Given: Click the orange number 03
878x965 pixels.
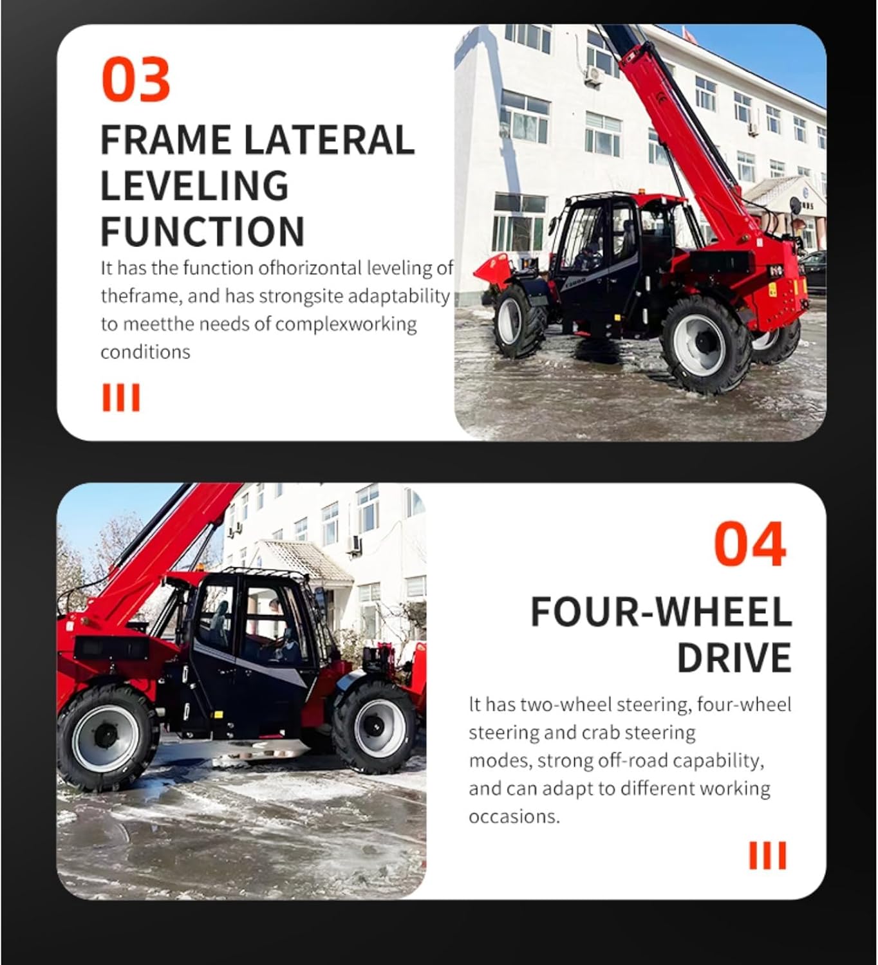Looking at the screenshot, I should (136, 79).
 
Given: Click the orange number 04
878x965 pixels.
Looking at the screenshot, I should (750, 544).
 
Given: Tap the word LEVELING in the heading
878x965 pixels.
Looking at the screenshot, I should (194, 185).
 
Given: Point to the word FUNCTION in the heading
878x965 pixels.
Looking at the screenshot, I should (202, 232).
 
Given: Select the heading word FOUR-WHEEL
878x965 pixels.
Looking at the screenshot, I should (660, 612).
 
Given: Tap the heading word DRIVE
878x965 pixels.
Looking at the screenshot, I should (734, 657).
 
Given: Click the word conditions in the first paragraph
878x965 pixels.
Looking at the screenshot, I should (145, 352).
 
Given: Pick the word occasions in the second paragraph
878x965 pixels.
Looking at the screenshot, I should (514, 816).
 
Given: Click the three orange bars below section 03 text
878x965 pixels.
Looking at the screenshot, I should (121, 398).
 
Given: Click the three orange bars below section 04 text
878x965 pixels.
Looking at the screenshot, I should (767, 856).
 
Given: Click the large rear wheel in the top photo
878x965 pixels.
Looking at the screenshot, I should (706, 344).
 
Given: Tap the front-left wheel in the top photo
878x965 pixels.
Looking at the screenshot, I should (516, 322).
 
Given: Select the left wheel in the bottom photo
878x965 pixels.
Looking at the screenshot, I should (106, 737).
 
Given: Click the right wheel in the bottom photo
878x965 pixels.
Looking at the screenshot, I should (375, 727).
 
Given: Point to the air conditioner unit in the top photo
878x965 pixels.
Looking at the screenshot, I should (593, 75).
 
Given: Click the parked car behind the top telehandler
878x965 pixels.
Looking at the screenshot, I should (814, 270).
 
